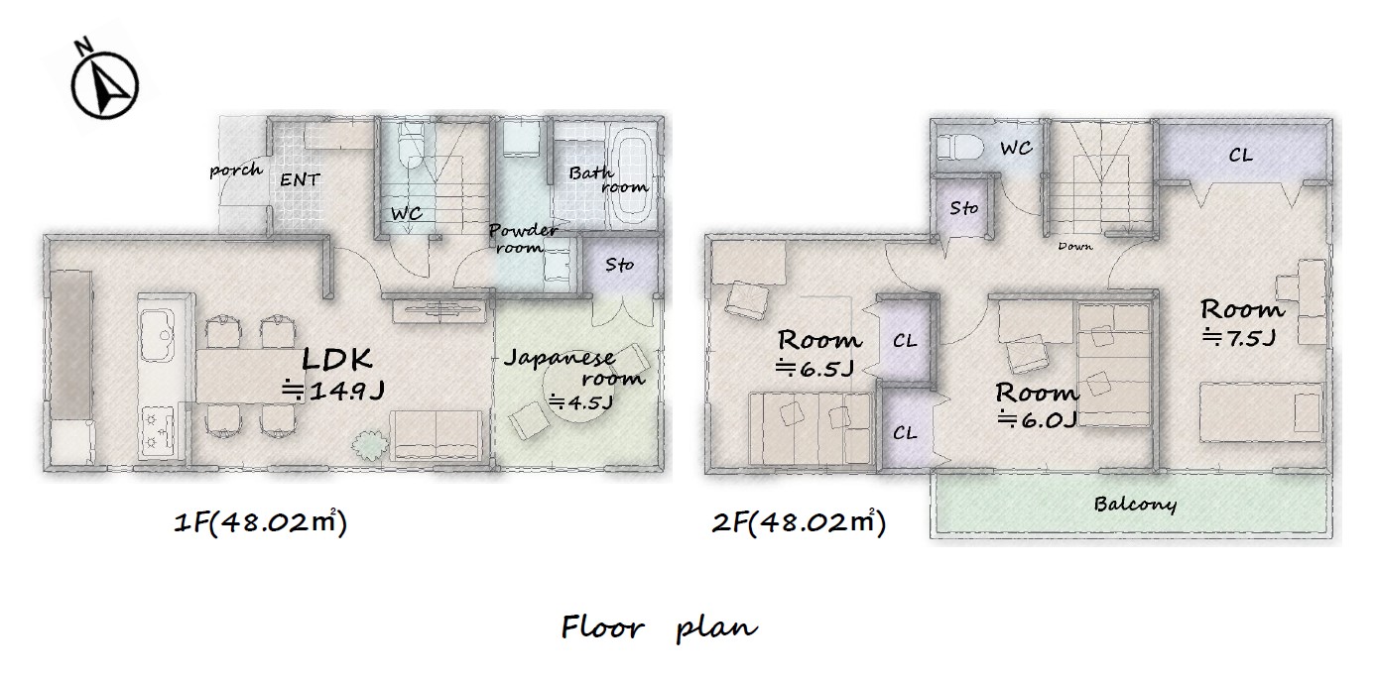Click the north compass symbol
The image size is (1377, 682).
pos(105,83)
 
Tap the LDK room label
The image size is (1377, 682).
pos(337,360)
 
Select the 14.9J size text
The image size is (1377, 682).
pos(333,391)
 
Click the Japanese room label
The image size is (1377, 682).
pos(574,367)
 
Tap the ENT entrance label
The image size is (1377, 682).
pos(300,180)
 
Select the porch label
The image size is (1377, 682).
pos(236,170)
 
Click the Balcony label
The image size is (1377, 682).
pos(1135,505)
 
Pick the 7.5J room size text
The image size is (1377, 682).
pos(1240,337)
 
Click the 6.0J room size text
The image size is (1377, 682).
pos(1038,419)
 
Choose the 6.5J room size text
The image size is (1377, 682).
pos(815,368)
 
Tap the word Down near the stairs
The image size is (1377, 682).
pos(1075,247)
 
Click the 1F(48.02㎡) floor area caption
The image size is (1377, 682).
pos(261,522)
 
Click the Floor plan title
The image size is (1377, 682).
pos(659,627)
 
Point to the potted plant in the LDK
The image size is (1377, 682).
pos(370,446)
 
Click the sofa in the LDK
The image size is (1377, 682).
pos(437,435)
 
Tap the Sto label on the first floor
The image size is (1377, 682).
pos(620,265)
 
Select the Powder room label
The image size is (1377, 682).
pos(523,238)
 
